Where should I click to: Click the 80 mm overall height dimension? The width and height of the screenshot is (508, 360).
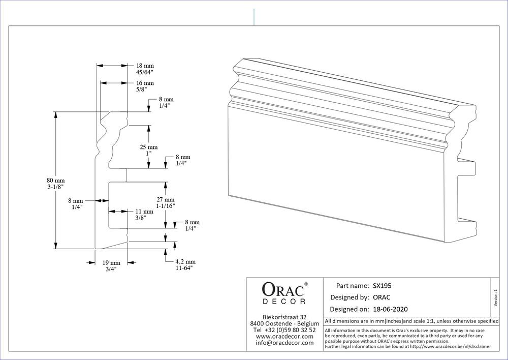[x=56, y=181]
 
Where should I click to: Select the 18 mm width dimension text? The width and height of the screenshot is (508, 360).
[x=145, y=66]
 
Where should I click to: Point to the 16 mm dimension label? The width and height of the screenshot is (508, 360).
[x=145, y=83]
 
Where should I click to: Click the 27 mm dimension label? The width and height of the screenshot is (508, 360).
[x=166, y=200]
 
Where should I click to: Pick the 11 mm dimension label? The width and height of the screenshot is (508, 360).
[x=144, y=212]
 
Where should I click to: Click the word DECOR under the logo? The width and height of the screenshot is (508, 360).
[x=284, y=302]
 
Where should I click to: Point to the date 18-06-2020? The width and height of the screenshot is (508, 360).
[x=390, y=309]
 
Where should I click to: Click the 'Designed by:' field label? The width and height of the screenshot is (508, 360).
[x=350, y=297]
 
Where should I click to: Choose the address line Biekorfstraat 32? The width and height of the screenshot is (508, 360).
[x=284, y=317]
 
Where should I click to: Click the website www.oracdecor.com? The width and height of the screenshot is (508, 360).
[x=284, y=336]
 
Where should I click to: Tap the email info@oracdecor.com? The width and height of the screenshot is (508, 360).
[x=284, y=343]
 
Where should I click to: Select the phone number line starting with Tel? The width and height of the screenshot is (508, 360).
[x=284, y=330]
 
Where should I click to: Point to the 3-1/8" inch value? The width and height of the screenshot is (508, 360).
[x=56, y=188]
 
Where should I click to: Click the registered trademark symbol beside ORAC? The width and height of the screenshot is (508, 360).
[x=306, y=284]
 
